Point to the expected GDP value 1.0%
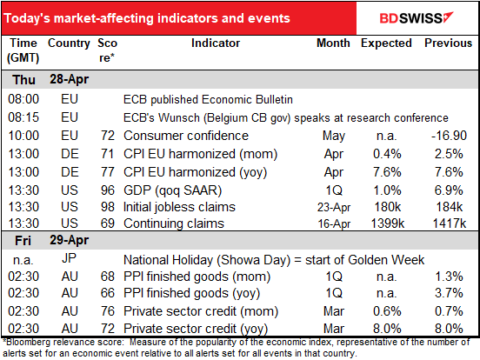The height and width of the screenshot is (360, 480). [388, 187]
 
